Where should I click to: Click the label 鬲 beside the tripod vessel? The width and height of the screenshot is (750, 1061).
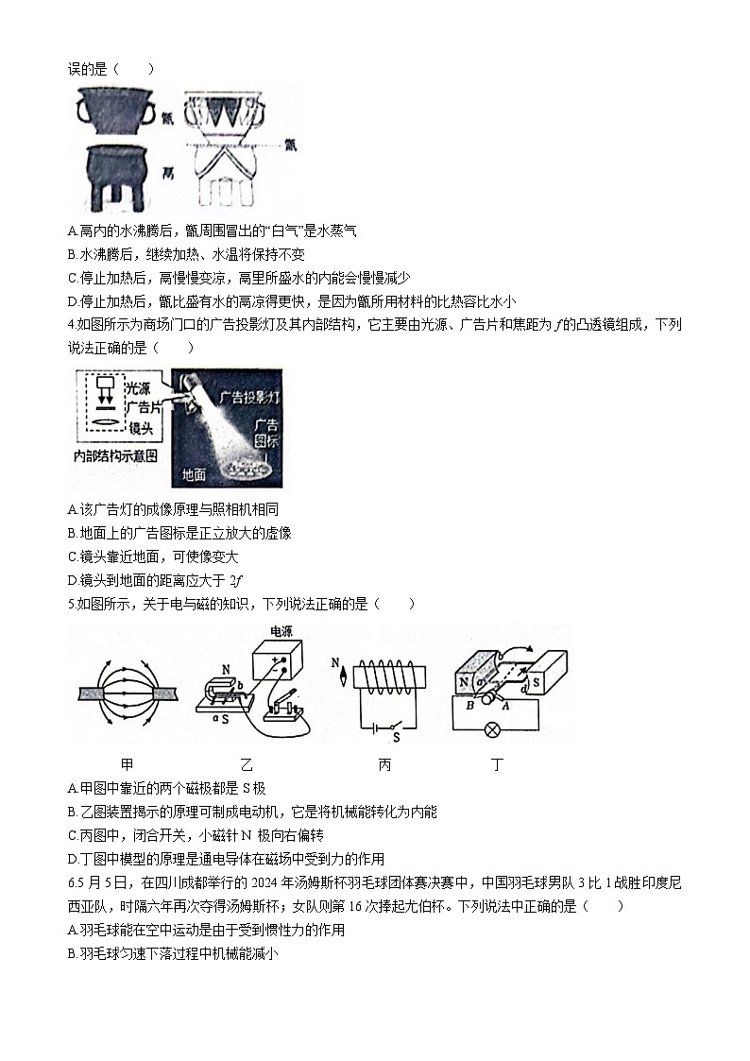coord(168,173)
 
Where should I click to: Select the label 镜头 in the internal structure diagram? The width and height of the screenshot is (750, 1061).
coord(142,428)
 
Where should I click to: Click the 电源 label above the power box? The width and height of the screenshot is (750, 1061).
coord(281,630)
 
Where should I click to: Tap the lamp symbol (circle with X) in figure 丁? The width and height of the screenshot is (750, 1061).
coord(491,729)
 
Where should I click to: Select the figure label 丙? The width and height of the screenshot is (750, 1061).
coord(384,765)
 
